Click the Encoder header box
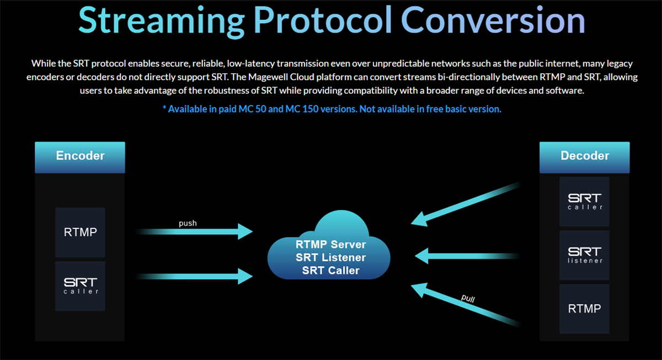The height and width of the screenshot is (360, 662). tap(80, 157)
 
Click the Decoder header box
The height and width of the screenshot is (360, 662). tap(584, 157)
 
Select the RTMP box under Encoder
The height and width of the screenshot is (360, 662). tap(80, 232)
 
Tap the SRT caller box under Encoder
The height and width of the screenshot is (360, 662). tap(80, 286)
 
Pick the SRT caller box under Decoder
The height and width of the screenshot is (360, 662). tap(584, 202)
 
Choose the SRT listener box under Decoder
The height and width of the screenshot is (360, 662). tap(584, 255)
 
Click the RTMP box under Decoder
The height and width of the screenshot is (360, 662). tap(584, 309)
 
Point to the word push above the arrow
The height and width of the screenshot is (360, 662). tap(188, 223)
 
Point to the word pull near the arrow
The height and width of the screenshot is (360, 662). tap(468, 298)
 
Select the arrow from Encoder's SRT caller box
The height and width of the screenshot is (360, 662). tap(194, 276)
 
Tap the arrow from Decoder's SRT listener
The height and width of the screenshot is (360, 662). tap(467, 256)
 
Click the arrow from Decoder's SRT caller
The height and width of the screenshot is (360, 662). tap(466, 205)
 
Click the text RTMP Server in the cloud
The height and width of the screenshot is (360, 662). tap(330, 245)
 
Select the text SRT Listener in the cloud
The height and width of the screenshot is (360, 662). tap(330, 257)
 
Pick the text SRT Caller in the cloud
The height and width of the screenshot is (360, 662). tap(330, 271)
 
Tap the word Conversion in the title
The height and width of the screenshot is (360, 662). tap(493, 20)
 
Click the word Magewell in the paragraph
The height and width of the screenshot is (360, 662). tap(268, 77)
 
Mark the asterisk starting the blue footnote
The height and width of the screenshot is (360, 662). tap(164, 108)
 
